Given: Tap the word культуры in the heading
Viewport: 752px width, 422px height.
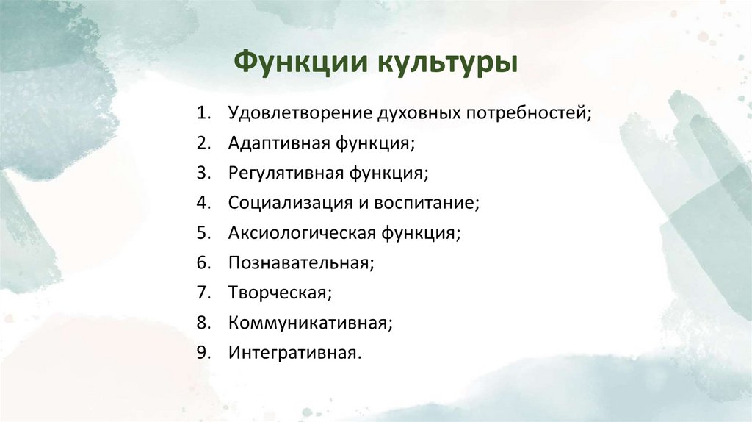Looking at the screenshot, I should [447, 62].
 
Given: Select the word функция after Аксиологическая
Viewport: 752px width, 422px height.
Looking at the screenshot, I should [420, 233].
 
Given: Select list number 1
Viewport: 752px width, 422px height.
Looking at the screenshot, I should [202, 113].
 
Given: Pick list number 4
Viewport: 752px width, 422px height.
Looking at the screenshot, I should [202, 203].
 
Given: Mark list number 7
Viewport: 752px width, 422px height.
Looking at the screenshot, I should [202, 293].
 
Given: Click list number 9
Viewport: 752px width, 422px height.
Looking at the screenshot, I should [202, 352].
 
